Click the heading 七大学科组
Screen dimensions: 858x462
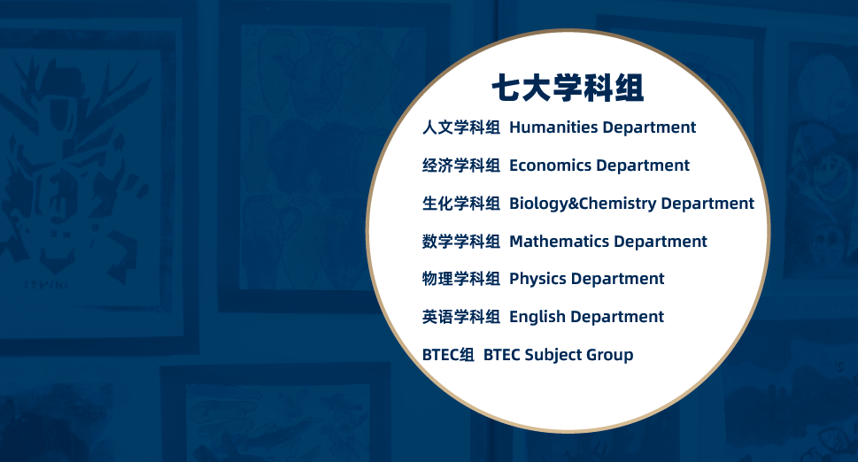568,88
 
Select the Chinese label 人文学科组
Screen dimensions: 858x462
460,127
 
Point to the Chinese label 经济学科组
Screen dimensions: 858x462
460,166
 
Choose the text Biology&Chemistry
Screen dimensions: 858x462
583,204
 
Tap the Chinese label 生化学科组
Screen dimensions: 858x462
460,204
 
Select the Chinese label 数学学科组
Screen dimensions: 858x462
460,241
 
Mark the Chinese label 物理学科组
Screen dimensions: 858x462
460,279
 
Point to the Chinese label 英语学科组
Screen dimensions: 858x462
460,317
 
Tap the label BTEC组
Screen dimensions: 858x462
448,355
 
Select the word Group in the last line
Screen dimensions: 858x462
609,356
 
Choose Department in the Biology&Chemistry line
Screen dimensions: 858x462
708,204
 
